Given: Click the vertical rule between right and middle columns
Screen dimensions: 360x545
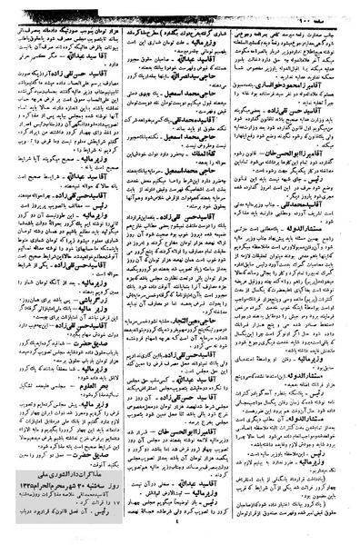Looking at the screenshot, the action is [241, 272].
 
